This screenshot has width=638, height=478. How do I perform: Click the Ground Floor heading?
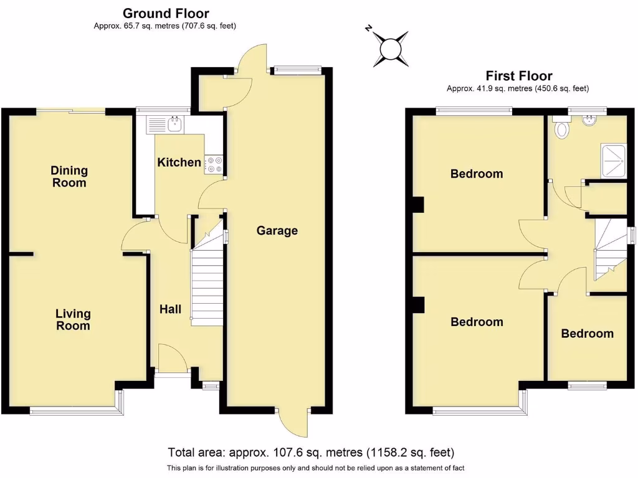point(166,13)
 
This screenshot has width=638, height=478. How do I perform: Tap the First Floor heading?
point(518,76)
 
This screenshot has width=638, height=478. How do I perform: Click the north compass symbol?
point(390,48)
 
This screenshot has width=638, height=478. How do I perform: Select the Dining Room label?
point(69,177)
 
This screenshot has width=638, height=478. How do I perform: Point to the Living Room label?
point(73,320)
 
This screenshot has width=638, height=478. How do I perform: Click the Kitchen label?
point(179,162)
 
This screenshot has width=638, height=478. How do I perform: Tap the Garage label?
point(277,231)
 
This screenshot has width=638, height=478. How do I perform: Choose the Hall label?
point(170,309)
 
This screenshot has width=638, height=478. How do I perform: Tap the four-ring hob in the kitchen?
point(215,164)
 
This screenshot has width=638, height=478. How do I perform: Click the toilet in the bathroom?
point(563,129)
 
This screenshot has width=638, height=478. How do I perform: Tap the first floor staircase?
point(609,249)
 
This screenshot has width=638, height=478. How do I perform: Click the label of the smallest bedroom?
point(587,334)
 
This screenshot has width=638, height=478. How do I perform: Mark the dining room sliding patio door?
point(70,111)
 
